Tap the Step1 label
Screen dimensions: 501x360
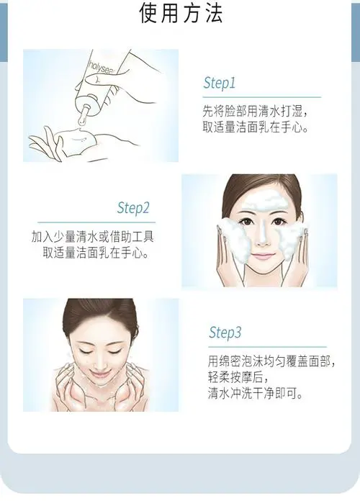(219, 83)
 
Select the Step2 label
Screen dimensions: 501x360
(133, 209)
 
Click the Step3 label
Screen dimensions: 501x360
(225, 333)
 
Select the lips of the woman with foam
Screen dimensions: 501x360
(263, 256)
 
